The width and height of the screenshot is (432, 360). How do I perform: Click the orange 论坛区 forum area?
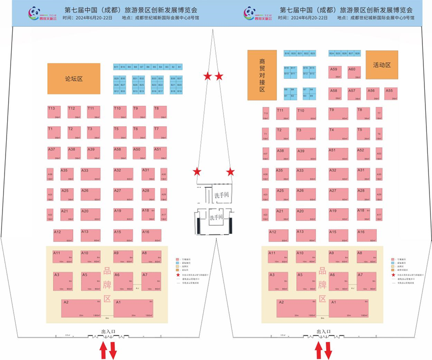pos(74,78)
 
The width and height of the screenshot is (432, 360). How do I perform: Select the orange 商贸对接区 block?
pos(262,75)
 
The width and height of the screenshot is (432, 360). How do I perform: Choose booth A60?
pos(354,72)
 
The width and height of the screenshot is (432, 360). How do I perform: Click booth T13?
pos(54,112)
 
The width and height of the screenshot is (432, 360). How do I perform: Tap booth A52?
pos(364,153)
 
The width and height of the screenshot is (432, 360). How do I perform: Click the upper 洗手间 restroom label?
pos(222,194)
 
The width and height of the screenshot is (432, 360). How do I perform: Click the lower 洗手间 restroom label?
pos(217,218)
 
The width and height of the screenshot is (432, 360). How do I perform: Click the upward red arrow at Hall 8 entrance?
pos(103,349)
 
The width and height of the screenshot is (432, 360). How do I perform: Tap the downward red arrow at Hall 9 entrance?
pos(328,349)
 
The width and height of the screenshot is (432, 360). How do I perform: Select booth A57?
pos(354,93)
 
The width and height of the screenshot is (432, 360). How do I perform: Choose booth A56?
pos(373,93)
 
